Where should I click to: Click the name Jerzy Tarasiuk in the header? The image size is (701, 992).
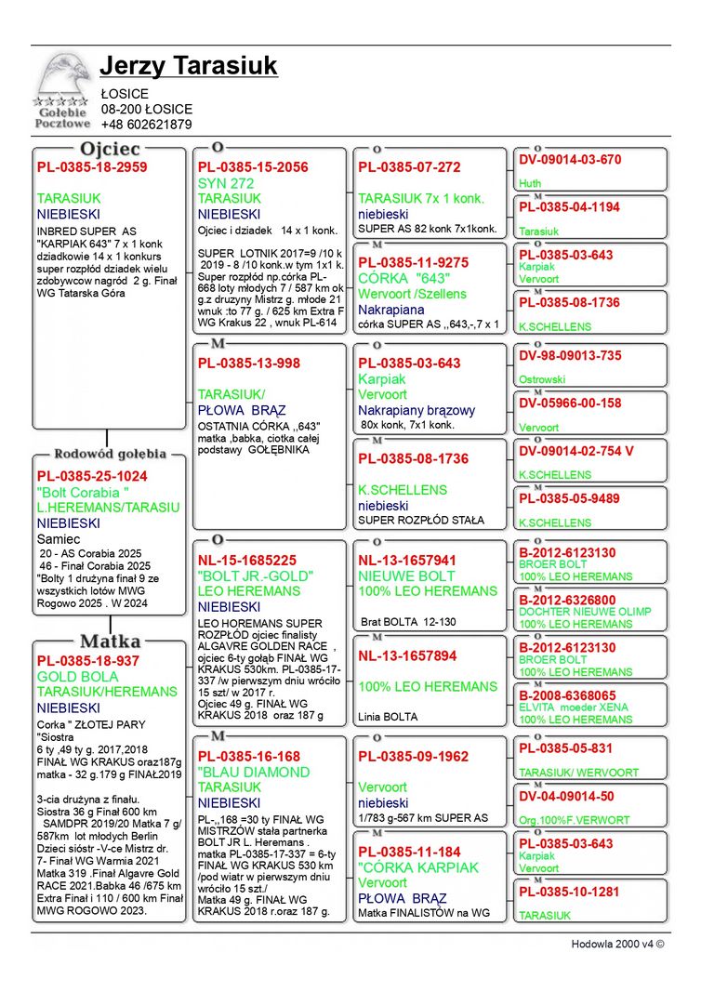(x=189, y=67)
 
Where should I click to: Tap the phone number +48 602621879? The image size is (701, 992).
(x=146, y=125)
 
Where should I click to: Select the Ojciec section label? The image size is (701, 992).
(x=110, y=149)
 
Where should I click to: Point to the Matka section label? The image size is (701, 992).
(x=110, y=641)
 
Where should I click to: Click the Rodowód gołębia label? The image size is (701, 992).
(x=110, y=455)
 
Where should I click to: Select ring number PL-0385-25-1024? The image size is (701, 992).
(x=92, y=476)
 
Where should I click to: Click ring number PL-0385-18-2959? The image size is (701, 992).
(x=92, y=167)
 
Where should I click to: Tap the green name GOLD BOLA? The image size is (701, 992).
(x=78, y=677)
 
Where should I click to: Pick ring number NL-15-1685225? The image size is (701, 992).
(x=247, y=561)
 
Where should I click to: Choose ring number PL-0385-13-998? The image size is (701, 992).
(x=249, y=364)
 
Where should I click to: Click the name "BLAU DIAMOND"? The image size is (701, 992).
(x=254, y=772)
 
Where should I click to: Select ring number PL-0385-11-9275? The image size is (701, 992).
(x=414, y=263)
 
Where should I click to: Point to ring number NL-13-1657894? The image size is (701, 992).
(x=407, y=656)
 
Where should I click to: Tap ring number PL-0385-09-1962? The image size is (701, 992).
(x=414, y=757)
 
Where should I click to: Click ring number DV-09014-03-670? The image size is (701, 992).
(x=570, y=160)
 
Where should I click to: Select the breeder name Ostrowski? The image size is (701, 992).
(x=542, y=380)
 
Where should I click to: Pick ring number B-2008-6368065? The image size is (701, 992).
(x=567, y=695)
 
